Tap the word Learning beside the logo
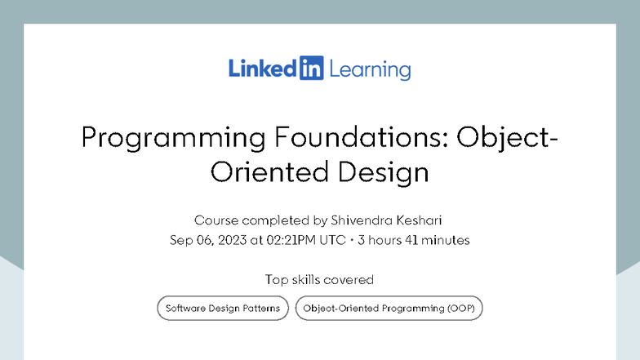point(370,70)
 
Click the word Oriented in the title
point(266,172)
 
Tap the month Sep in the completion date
point(180,240)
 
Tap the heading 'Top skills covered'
point(319,279)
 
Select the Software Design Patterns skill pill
point(223,309)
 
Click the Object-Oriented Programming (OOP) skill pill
point(389,309)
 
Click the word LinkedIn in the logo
point(264,69)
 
